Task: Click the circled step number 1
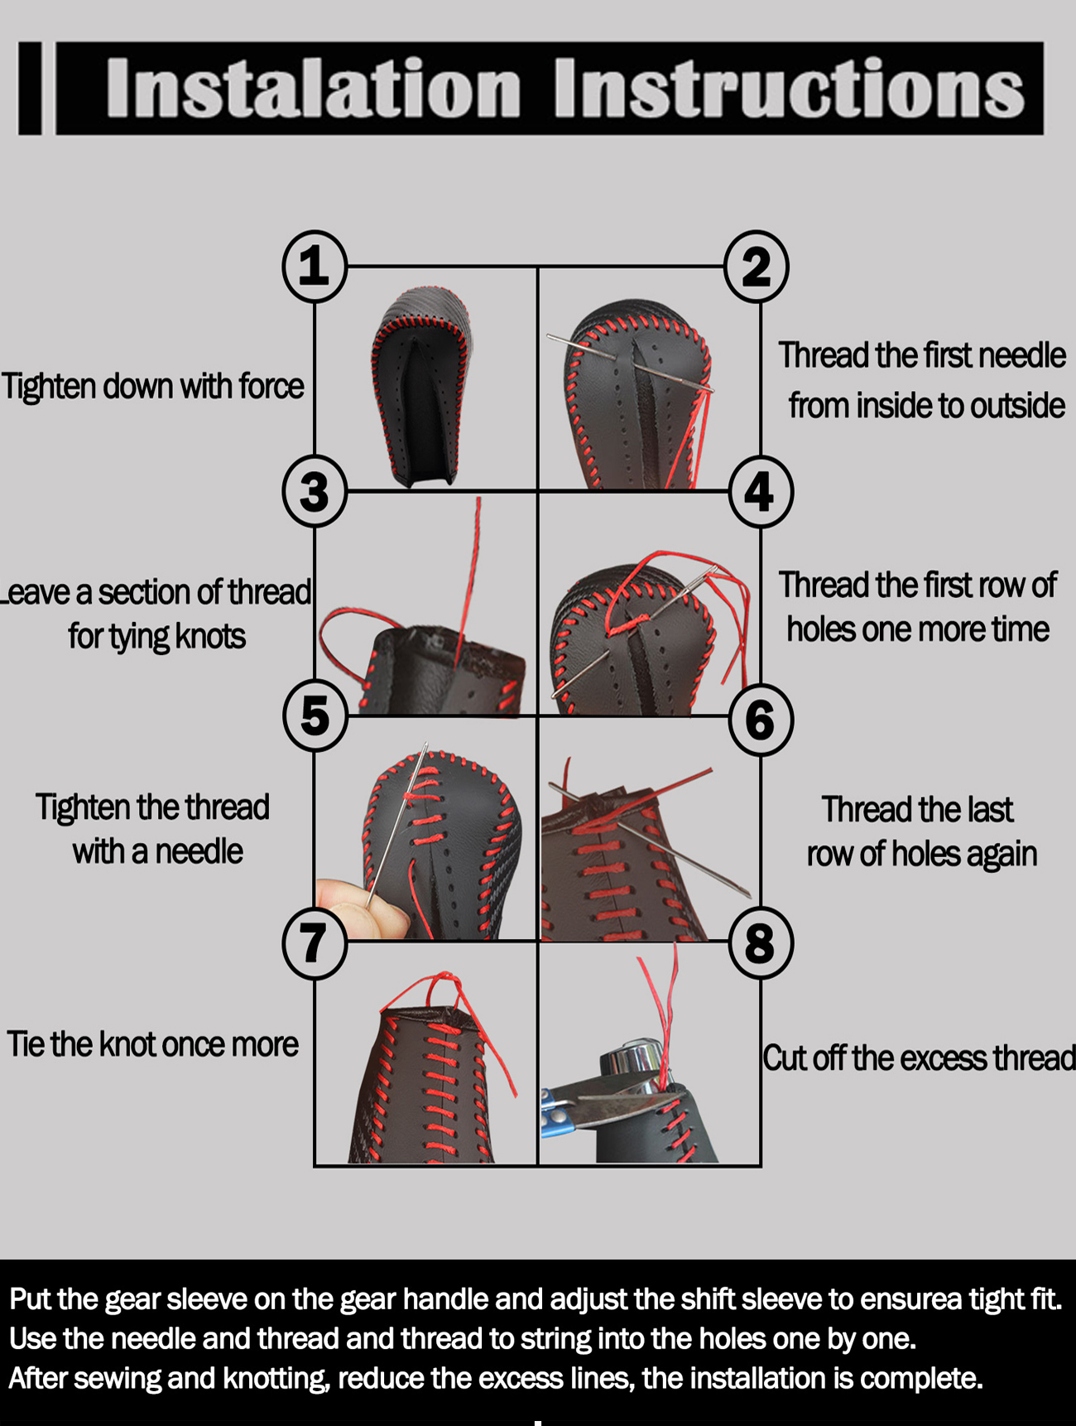315,267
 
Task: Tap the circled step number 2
757,267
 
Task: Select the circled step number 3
315,492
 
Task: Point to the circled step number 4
761,492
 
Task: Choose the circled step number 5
315,716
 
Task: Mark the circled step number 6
761,719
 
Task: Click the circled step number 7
315,942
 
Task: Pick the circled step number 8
761,942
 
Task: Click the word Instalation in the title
314,88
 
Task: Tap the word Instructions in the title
790,88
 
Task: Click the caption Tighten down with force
153,387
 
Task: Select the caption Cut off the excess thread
919,1058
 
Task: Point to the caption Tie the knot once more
153,1044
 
